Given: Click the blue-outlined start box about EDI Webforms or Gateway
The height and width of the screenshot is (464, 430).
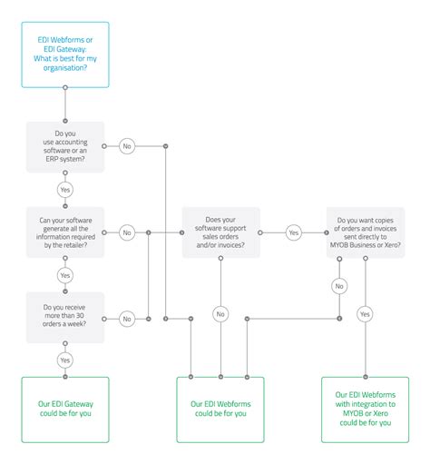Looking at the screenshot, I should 65,55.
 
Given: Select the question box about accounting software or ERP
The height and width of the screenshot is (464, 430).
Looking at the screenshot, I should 65,145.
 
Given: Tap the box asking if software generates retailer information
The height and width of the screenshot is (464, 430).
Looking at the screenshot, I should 65,232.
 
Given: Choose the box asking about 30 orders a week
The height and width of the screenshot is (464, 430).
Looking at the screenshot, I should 65,318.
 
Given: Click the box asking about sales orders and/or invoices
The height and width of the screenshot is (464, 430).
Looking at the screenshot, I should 220,232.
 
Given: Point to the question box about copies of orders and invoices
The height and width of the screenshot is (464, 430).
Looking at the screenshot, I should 366,232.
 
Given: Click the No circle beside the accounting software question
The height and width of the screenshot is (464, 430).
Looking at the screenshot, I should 126,145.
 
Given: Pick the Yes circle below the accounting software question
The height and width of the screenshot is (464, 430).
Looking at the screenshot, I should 65,189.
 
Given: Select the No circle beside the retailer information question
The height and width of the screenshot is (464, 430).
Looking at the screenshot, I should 126,232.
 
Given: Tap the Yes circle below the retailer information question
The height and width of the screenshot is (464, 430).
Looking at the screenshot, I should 65,275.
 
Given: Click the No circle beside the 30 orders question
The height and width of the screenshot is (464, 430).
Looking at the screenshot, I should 126,318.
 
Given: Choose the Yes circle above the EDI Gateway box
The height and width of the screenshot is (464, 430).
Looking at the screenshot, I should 65,360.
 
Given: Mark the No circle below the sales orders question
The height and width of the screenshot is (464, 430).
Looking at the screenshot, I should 220,314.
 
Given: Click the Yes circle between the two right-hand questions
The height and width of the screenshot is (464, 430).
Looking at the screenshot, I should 293,232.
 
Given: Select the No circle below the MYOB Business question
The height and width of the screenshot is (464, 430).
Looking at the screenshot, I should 339,285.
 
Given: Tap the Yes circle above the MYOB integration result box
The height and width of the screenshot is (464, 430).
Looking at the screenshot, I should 365,314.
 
